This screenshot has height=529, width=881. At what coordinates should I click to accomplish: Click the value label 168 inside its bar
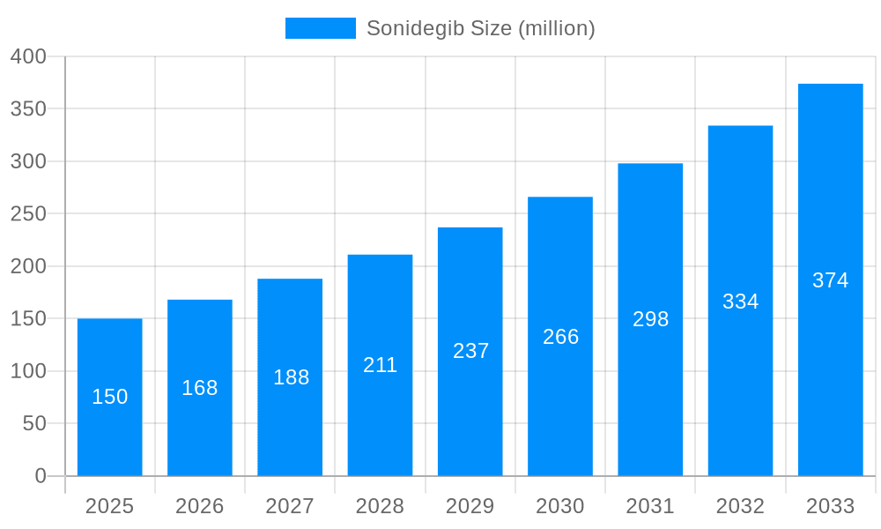click(x=200, y=388)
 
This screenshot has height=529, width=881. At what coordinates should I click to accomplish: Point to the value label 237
click(x=470, y=351)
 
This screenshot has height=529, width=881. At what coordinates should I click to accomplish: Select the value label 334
click(x=740, y=302)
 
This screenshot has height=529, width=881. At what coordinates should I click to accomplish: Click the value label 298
click(x=650, y=319)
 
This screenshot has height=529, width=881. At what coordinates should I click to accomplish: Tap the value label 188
click(x=291, y=377)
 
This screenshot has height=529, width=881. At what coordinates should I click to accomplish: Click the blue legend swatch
click(x=320, y=28)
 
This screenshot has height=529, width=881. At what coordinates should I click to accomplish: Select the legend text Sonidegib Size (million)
click(x=480, y=28)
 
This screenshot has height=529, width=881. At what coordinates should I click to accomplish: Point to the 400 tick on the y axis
click(x=28, y=56)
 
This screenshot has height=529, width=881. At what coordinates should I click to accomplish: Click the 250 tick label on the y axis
click(x=28, y=214)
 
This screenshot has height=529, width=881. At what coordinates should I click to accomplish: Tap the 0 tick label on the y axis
click(x=40, y=476)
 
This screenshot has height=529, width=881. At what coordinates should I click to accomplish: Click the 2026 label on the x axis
click(x=200, y=506)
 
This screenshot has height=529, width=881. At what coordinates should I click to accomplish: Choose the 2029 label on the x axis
click(x=470, y=506)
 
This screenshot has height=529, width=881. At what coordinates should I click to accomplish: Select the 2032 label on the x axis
click(x=740, y=506)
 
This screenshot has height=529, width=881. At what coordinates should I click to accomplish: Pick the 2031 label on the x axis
click(x=650, y=506)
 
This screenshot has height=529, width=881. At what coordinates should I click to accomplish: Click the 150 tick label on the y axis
click(x=28, y=319)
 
